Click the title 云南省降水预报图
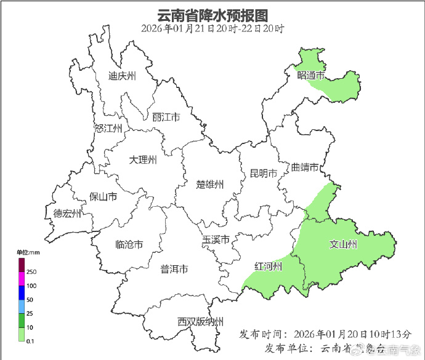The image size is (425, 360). point(212,14)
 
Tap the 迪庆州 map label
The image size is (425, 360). point(122,76)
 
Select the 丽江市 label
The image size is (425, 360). point(166,117)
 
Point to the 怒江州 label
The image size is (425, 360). point(108,129)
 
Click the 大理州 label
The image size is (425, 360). point(143,160)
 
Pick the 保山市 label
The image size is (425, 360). point(103,197)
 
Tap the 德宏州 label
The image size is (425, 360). point(67,214)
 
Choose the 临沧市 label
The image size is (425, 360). point(129,244)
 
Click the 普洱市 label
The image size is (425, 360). point(174,269)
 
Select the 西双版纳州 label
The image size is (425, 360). point(200,321)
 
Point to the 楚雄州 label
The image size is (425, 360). point(210,184)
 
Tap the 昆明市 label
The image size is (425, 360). point(263,173)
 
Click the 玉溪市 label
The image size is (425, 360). point(216,239)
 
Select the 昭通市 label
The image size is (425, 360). point(310,75)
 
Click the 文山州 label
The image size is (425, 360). point(343,245)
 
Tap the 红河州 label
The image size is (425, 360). point(269,266)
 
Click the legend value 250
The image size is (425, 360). point(31,272)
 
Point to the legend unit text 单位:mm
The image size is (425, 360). point(28,252)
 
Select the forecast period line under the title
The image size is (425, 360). point(212,28)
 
